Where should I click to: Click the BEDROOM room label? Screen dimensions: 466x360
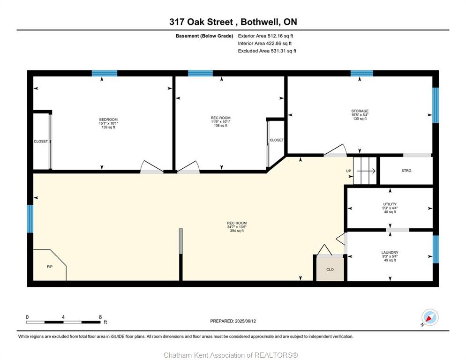tap(108, 120)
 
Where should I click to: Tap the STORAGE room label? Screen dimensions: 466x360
tap(360, 111)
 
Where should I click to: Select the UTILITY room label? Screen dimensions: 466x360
tap(390, 204)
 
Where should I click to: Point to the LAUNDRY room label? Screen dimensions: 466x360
tap(390, 252)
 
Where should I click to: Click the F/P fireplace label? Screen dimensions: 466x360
tap(50, 267)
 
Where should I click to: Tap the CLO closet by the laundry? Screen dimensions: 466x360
tap(330, 270)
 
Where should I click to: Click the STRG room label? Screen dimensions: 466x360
tap(406, 171)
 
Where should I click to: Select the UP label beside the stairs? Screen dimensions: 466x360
tap(349, 171)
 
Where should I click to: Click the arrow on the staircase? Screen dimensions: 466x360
tap(366, 171)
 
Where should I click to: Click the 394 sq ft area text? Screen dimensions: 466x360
tap(237, 231)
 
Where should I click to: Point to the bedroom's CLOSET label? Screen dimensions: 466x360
tap(41, 141)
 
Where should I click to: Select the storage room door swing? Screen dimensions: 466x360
tap(335, 150)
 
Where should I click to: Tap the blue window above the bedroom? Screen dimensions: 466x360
tap(105, 73)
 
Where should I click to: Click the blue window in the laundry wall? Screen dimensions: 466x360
tap(436, 249)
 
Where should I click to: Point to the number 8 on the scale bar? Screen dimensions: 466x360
tap(100, 317)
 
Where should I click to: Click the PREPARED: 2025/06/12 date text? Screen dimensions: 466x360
tap(233, 321)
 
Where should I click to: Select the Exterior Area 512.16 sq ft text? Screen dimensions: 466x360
tap(265, 36)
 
